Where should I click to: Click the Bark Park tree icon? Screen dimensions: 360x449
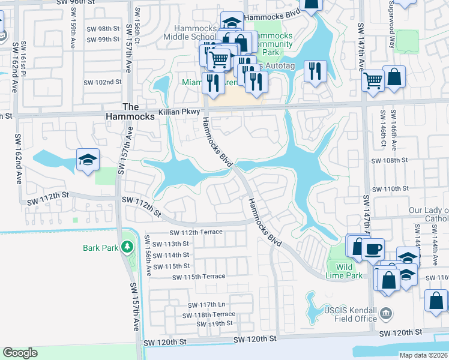[127, 246]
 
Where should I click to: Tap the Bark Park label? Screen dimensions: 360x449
[100, 247]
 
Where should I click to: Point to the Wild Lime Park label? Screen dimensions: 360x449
[348, 271]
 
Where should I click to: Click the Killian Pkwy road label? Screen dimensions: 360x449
[178, 112]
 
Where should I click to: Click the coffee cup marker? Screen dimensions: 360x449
[373, 248]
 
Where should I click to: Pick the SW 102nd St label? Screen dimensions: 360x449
[103, 82]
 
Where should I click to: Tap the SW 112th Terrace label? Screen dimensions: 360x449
[196, 232]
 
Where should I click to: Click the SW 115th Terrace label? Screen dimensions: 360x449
[198, 277]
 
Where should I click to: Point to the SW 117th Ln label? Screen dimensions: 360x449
[204, 305]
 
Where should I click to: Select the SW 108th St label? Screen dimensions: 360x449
[389, 161]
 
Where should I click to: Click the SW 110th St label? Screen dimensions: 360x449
[390, 188]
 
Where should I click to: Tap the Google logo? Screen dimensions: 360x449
[20, 353]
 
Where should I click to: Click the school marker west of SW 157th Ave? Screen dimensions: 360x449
[88, 160]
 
